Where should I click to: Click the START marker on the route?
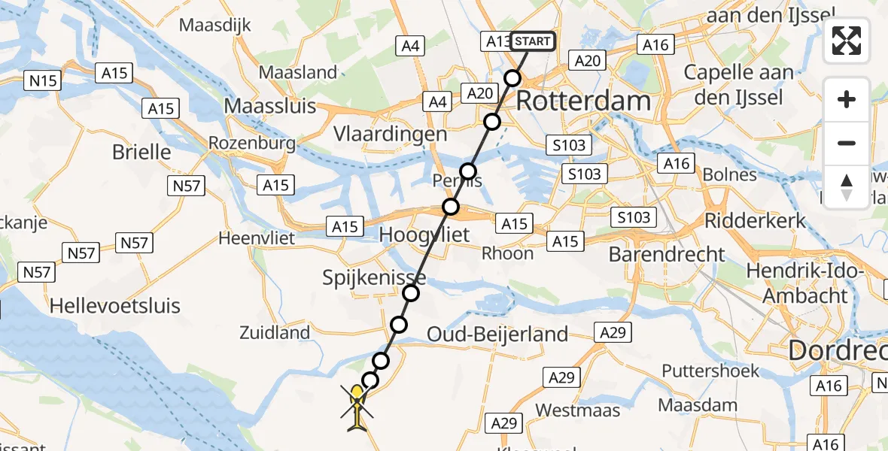tap(533, 41)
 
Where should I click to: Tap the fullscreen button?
tap(847, 41)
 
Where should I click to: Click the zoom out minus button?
tap(847, 143)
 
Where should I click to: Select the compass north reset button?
tap(847, 186)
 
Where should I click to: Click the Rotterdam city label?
tap(584, 101)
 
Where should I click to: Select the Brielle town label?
tap(141, 152)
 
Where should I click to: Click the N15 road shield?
tap(44, 80)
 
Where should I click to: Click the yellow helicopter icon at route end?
tap(357, 406)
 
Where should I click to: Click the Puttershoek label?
tap(707, 371)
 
